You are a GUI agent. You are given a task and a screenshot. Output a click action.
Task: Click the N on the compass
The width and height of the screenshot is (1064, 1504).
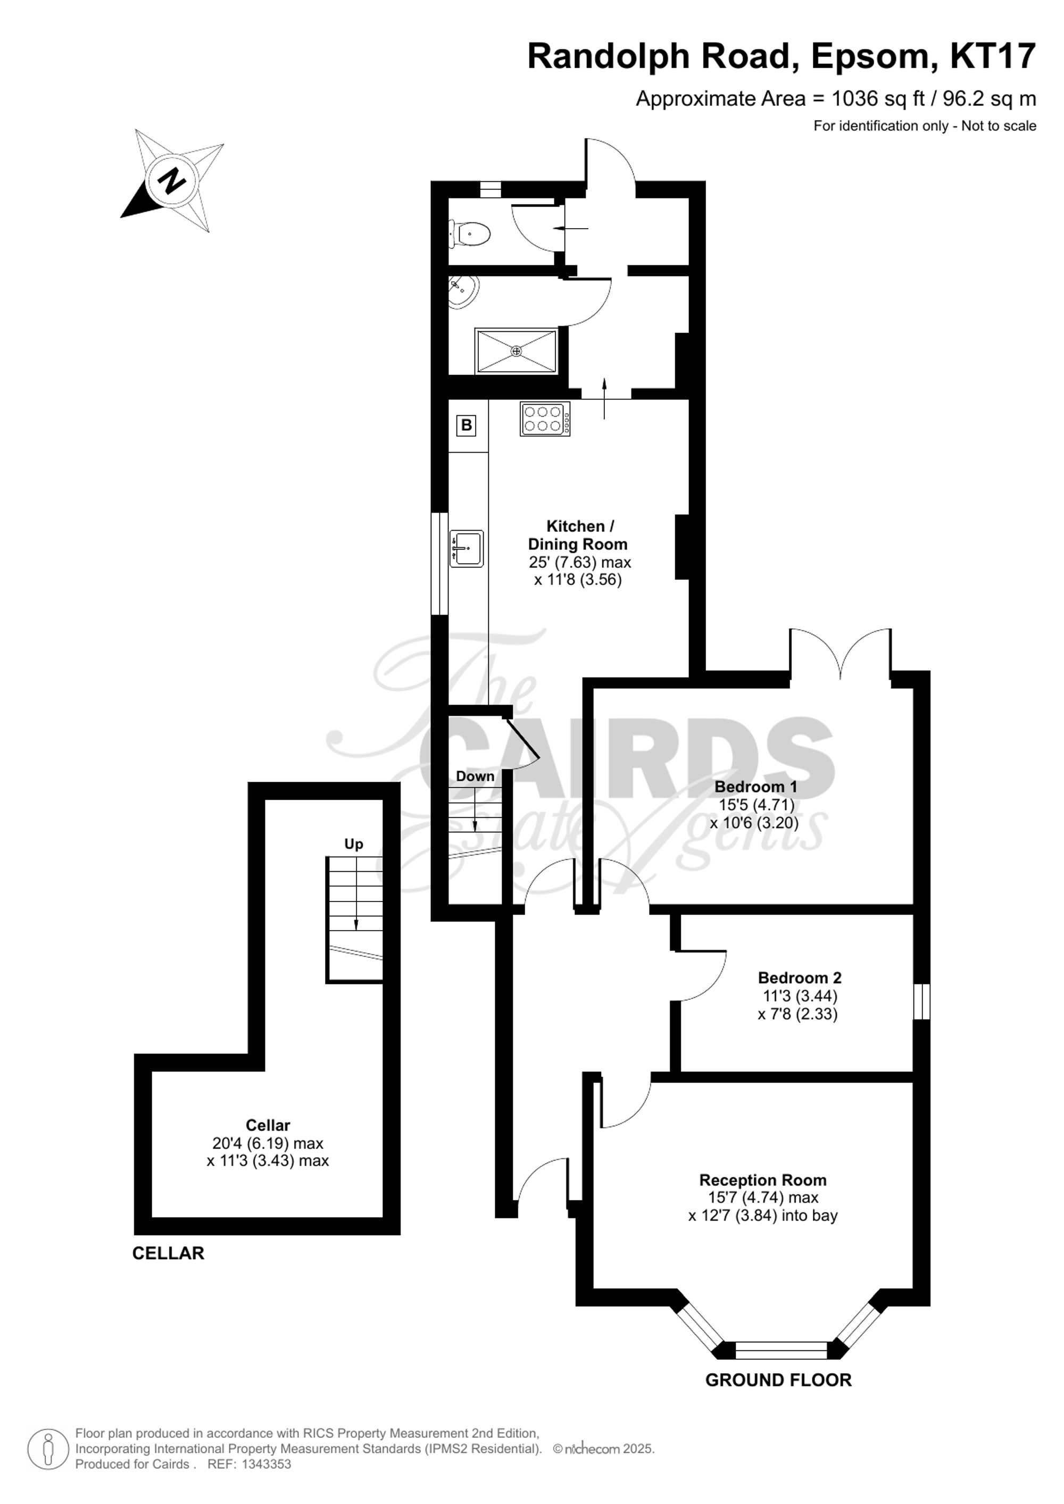tap(172, 179)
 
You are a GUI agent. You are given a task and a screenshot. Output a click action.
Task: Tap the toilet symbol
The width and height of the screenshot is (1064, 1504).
tap(470, 233)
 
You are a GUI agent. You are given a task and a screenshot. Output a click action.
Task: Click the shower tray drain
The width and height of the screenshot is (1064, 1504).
tap(516, 351)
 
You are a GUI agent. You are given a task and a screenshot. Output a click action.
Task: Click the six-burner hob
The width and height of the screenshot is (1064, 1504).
tap(544, 419)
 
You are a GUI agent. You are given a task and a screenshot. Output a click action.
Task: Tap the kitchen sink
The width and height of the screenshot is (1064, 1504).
tap(467, 548)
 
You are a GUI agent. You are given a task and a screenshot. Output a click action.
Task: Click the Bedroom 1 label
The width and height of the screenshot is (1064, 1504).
tap(755, 786)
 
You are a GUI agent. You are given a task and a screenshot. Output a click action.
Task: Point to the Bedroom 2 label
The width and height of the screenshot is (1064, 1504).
tap(799, 978)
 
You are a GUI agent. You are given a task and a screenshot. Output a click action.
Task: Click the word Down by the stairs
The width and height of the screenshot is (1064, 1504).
tap(475, 776)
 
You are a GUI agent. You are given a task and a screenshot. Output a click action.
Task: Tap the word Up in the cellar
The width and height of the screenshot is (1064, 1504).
tap(354, 843)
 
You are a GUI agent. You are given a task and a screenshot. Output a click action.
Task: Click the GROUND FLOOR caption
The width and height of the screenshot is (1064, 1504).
tap(778, 1380)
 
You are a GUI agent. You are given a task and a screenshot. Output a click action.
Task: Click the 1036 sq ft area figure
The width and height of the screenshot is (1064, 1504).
tap(878, 99)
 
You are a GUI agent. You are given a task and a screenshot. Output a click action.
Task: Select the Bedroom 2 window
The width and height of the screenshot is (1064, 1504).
tap(922, 1001)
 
